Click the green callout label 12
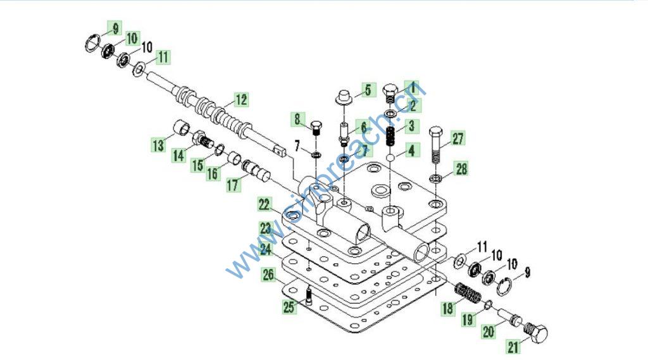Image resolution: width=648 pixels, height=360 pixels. pyautogui.click(x=240, y=99)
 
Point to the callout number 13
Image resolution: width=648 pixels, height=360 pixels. pyautogui.click(x=158, y=146)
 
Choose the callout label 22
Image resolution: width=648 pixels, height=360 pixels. pyautogui.click(x=265, y=204)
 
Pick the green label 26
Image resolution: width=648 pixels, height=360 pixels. pyautogui.click(x=269, y=275)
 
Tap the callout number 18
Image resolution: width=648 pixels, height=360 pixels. pyautogui.click(x=448, y=308)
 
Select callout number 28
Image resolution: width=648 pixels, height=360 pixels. pyautogui.click(x=461, y=168)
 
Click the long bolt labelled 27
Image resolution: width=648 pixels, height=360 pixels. pyautogui.click(x=437, y=146)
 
